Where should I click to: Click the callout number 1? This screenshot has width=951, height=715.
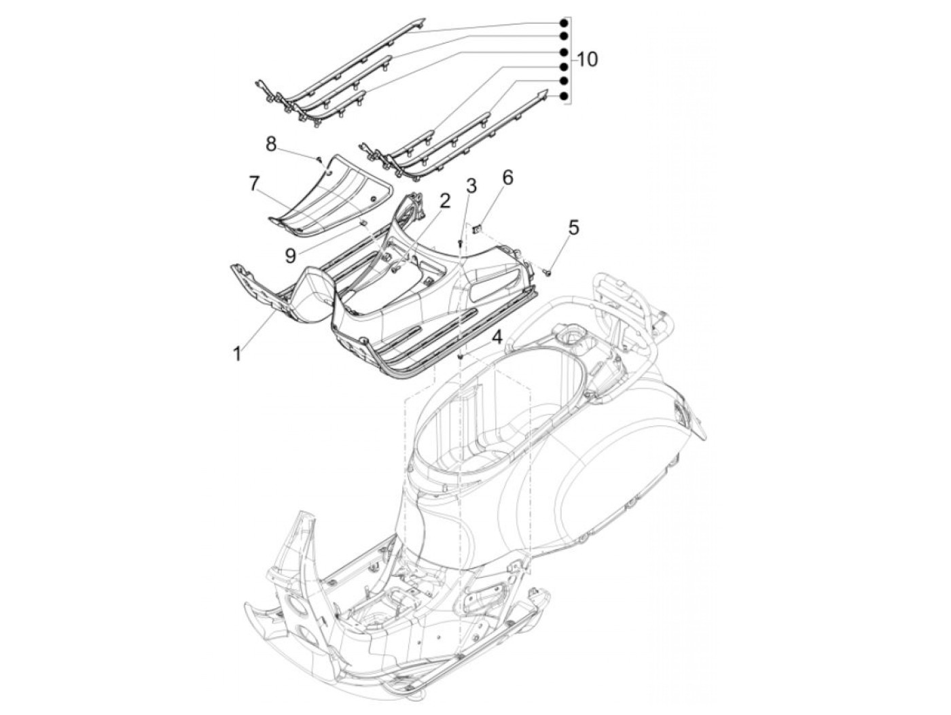click(x=237, y=354)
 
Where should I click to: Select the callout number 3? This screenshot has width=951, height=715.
click(x=471, y=185)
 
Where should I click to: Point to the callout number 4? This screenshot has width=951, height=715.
click(x=497, y=336)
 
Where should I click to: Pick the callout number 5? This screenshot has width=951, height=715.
click(x=574, y=227)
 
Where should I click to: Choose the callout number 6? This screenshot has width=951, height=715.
click(x=507, y=178)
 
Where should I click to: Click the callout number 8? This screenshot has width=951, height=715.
click(x=271, y=143)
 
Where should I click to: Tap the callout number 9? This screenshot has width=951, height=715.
click(x=290, y=255)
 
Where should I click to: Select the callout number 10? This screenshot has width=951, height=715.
click(x=588, y=60)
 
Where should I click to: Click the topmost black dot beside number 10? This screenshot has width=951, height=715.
click(x=564, y=23)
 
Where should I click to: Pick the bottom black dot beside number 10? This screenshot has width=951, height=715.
click(x=564, y=97)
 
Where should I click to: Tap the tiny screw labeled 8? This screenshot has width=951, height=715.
click(x=318, y=159)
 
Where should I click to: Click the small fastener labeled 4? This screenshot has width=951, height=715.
click(x=461, y=355)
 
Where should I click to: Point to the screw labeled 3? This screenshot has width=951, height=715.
click(x=460, y=242)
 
